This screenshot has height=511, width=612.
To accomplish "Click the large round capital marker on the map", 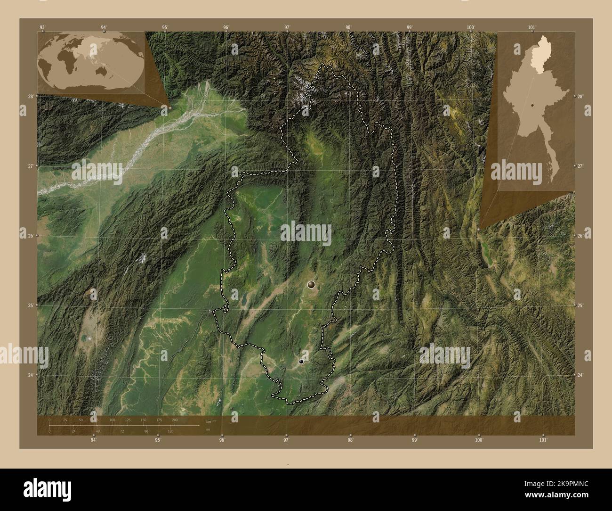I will click(x=311, y=284).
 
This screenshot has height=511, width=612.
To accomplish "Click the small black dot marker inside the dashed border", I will click(x=301, y=362).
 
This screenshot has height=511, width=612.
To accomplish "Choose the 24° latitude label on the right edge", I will click(x=580, y=375).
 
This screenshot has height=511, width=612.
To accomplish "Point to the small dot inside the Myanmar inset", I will click(x=532, y=106).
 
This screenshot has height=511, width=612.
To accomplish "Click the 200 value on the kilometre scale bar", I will click(x=175, y=420).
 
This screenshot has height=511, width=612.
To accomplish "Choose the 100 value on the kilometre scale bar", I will click(x=112, y=420).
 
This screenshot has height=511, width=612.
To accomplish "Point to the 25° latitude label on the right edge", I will click(x=580, y=305).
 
